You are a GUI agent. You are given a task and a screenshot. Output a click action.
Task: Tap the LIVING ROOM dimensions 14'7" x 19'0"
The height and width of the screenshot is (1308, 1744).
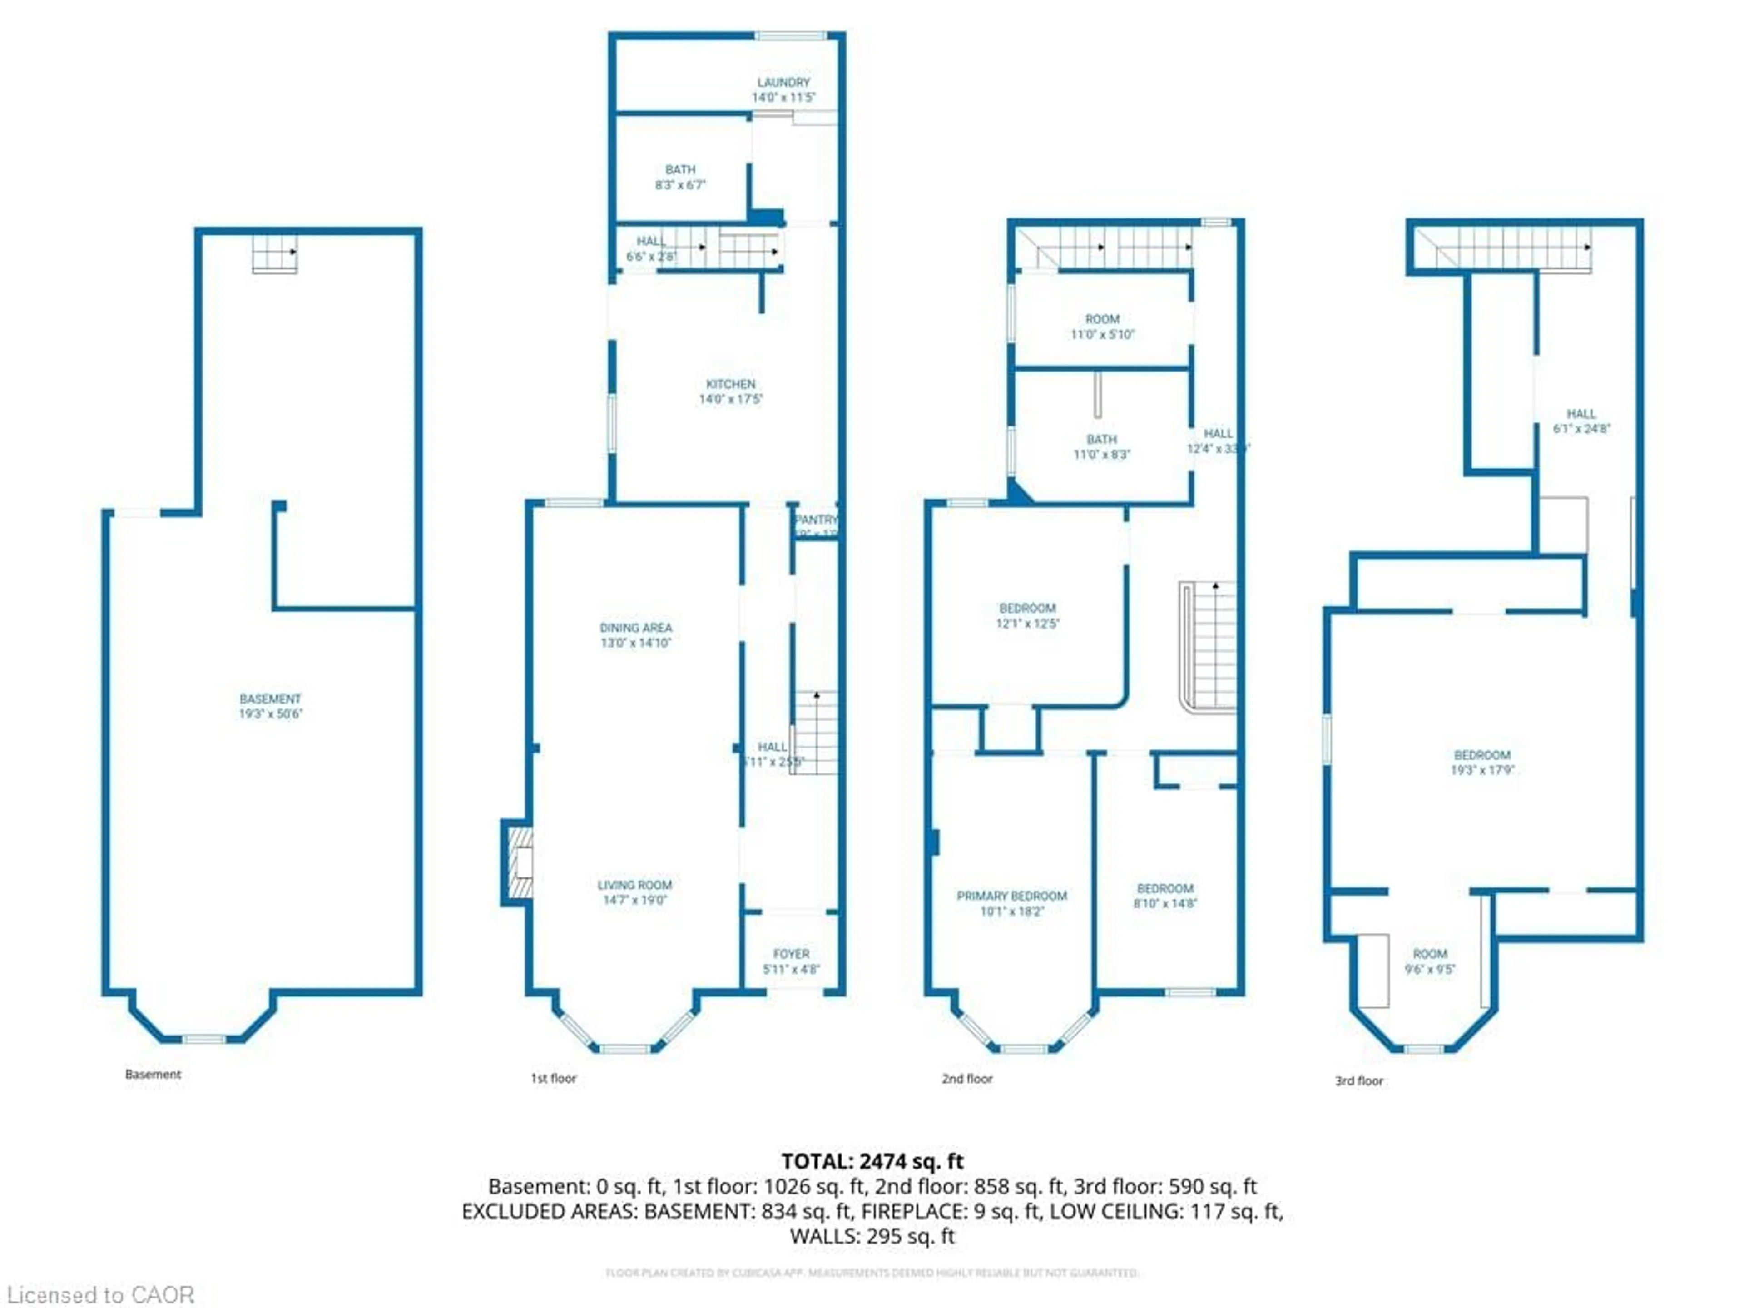[634, 900]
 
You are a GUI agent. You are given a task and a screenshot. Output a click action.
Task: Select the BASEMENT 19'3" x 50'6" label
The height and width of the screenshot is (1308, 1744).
[270, 706]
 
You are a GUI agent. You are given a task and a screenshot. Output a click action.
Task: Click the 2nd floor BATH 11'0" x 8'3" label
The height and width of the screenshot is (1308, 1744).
[1101, 447]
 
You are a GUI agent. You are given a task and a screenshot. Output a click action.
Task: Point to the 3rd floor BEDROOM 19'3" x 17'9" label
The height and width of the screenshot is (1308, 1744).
[1482, 763]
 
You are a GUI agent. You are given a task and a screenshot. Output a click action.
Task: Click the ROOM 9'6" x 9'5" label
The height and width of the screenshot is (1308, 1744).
[1429, 961]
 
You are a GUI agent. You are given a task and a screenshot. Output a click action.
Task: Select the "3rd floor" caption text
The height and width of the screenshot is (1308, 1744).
[1358, 1081]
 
